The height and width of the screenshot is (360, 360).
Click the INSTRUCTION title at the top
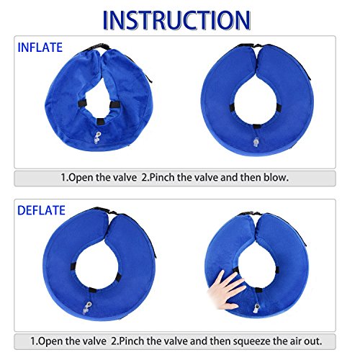(x=177, y=20)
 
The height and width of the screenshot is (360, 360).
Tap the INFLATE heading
(x=40, y=48)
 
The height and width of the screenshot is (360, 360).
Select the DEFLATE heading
(x=41, y=210)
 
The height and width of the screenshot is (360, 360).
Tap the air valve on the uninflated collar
(x=98, y=138)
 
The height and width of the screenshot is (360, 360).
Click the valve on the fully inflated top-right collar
(x=256, y=142)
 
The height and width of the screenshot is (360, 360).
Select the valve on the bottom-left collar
(x=87, y=308)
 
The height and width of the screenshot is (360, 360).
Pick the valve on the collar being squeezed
(x=257, y=308)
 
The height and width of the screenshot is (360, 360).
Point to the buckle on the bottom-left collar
(x=106, y=211)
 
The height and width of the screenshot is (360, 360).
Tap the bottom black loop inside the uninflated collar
(x=100, y=122)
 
